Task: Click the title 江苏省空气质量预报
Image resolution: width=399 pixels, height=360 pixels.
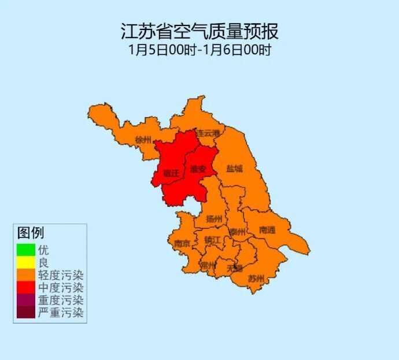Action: click(x=199, y=30)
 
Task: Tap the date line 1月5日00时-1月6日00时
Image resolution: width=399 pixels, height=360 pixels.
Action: click(x=199, y=49)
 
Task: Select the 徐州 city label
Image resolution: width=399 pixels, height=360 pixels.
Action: click(x=143, y=140)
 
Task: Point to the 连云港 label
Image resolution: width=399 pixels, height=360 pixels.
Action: click(x=208, y=133)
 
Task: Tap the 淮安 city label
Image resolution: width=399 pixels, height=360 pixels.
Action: click(x=198, y=169)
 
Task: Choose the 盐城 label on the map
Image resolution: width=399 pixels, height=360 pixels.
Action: click(x=235, y=169)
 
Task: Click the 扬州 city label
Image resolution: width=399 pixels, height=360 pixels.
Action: click(x=214, y=219)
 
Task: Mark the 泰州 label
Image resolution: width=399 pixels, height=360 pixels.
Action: click(x=237, y=232)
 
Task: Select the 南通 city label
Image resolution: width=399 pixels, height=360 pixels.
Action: click(x=267, y=230)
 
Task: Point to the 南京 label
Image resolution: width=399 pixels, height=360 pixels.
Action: click(x=182, y=244)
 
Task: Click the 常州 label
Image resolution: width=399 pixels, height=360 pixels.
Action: click(x=208, y=265)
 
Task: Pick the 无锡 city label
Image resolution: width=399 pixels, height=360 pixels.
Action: click(x=235, y=268)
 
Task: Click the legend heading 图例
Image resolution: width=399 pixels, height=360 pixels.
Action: click(x=31, y=233)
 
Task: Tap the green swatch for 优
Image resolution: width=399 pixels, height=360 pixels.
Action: click(x=25, y=250)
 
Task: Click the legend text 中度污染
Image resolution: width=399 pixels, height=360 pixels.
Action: click(x=61, y=288)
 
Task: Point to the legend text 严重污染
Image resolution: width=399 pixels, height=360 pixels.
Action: click(x=61, y=313)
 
